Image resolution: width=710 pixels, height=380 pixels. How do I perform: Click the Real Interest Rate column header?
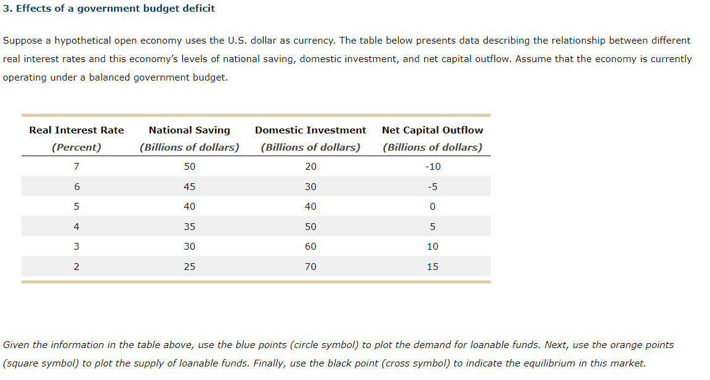[76, 130]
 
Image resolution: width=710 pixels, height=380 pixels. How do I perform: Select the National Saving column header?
[189, 130]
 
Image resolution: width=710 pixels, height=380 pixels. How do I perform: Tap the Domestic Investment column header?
[310, 130]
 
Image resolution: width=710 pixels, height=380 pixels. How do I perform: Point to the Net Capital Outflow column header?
[432, 130]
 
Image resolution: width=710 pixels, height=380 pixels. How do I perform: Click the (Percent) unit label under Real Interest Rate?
[76, 147]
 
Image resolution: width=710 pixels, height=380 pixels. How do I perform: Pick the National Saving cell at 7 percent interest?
[189, 167]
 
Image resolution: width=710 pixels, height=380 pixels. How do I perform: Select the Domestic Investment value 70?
[310, 266]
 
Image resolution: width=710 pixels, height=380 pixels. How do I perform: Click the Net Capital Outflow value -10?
[432, 167]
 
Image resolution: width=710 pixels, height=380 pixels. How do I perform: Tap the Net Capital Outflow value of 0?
[432, 207]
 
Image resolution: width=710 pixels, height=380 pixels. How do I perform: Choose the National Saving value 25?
[189, 266]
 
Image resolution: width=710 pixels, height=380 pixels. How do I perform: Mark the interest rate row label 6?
[76, 187]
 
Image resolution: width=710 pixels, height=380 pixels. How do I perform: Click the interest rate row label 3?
[76, 247]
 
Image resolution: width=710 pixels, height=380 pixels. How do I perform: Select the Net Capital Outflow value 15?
[432, 266]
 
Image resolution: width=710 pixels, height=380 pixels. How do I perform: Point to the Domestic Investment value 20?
[310, 167]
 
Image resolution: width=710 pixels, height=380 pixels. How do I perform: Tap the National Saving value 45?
[189, 187]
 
